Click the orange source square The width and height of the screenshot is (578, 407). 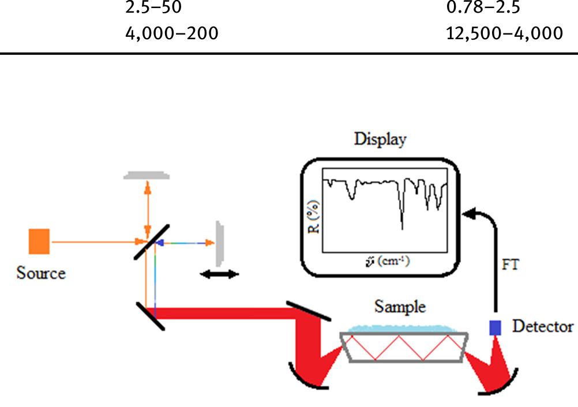click(x=39, y=242)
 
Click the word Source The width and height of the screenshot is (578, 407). click(x=41, y=273)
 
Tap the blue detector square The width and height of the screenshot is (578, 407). click(x=495, y=327)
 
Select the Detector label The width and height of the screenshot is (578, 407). click(x=542, y=327)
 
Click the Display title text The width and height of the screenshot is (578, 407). click(x=380, y=139)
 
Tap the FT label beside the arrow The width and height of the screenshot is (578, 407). click(x=511, y=266)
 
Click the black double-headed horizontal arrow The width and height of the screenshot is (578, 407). click(x=219, y=275)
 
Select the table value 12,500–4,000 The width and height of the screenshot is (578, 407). click(x=505, y=33)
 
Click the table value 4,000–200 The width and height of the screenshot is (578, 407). click(x=172, y=33)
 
